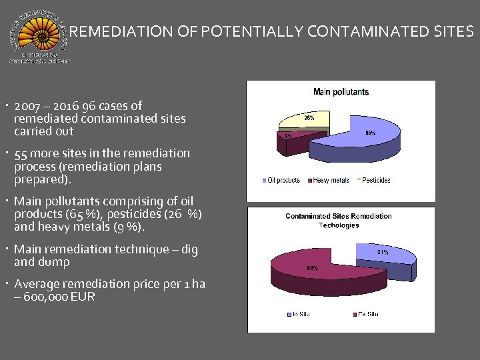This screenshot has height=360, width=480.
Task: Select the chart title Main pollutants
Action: [x=341, y=91]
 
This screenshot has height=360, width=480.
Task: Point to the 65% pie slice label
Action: [x=370, y=133]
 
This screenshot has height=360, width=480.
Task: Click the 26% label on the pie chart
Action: [x=309, y=118]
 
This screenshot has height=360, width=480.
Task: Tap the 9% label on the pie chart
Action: [x=287, y=135]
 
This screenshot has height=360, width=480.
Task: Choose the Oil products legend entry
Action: [x=283, y=180]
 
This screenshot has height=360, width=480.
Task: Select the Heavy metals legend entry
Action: [x=331, y=180]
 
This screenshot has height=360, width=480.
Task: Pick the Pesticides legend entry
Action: [x=375, y=180]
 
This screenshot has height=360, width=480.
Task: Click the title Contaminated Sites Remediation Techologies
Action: [x=338, y=220]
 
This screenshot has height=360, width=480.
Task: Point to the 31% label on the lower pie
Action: [x=383, y=252]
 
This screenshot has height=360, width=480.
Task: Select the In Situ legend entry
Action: [x=296, y=314]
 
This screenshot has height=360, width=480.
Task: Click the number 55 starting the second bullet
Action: [x=20, y=153]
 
